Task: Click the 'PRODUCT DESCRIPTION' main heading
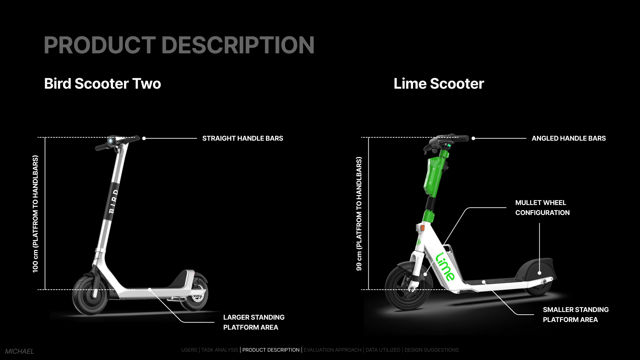click(x=179, y=45)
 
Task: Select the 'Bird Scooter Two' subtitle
click(x=102, y=84)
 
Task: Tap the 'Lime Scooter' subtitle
click(x=439, y=84)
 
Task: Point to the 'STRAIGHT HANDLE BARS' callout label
click(x=243, y=138)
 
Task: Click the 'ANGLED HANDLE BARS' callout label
click(x=569, y=138)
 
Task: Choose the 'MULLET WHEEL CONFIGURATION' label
click(x=542, y=208)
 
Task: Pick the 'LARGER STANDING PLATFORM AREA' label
click(x=254, y=322)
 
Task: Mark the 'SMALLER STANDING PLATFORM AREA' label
click(x=576, y=315)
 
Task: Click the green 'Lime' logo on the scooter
click(x=445, y=267)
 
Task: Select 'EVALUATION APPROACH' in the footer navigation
click(x=332, y=350)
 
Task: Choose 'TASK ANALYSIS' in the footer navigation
click(x=220, y=350)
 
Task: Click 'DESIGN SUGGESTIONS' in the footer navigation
click(x=431, y=350)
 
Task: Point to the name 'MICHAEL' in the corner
click(x=19, y=351)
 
